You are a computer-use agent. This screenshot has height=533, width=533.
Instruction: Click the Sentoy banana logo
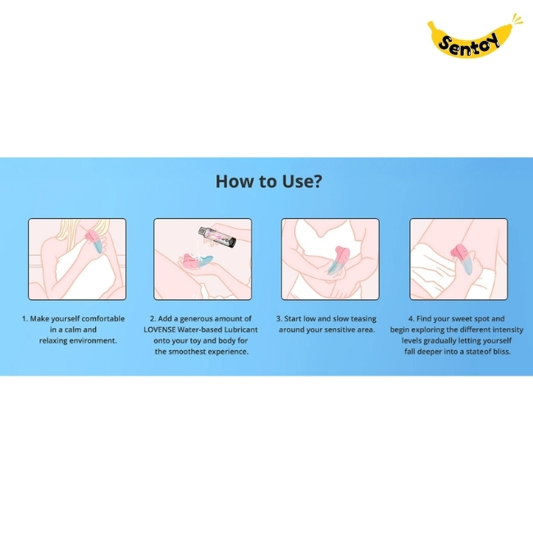(473, 37)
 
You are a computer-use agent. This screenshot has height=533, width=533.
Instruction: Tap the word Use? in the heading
(302, 181)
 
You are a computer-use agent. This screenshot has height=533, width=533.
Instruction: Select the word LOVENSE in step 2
(159, 330)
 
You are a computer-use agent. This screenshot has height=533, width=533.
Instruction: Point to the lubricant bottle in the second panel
(216, 237)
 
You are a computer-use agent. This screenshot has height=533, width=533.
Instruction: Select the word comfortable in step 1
(103, 319)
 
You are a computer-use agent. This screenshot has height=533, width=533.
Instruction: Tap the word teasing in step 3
(363, 319)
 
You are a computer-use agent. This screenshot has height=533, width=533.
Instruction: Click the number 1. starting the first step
(25, 319)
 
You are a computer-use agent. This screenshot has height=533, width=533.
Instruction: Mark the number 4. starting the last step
(412, 319)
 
